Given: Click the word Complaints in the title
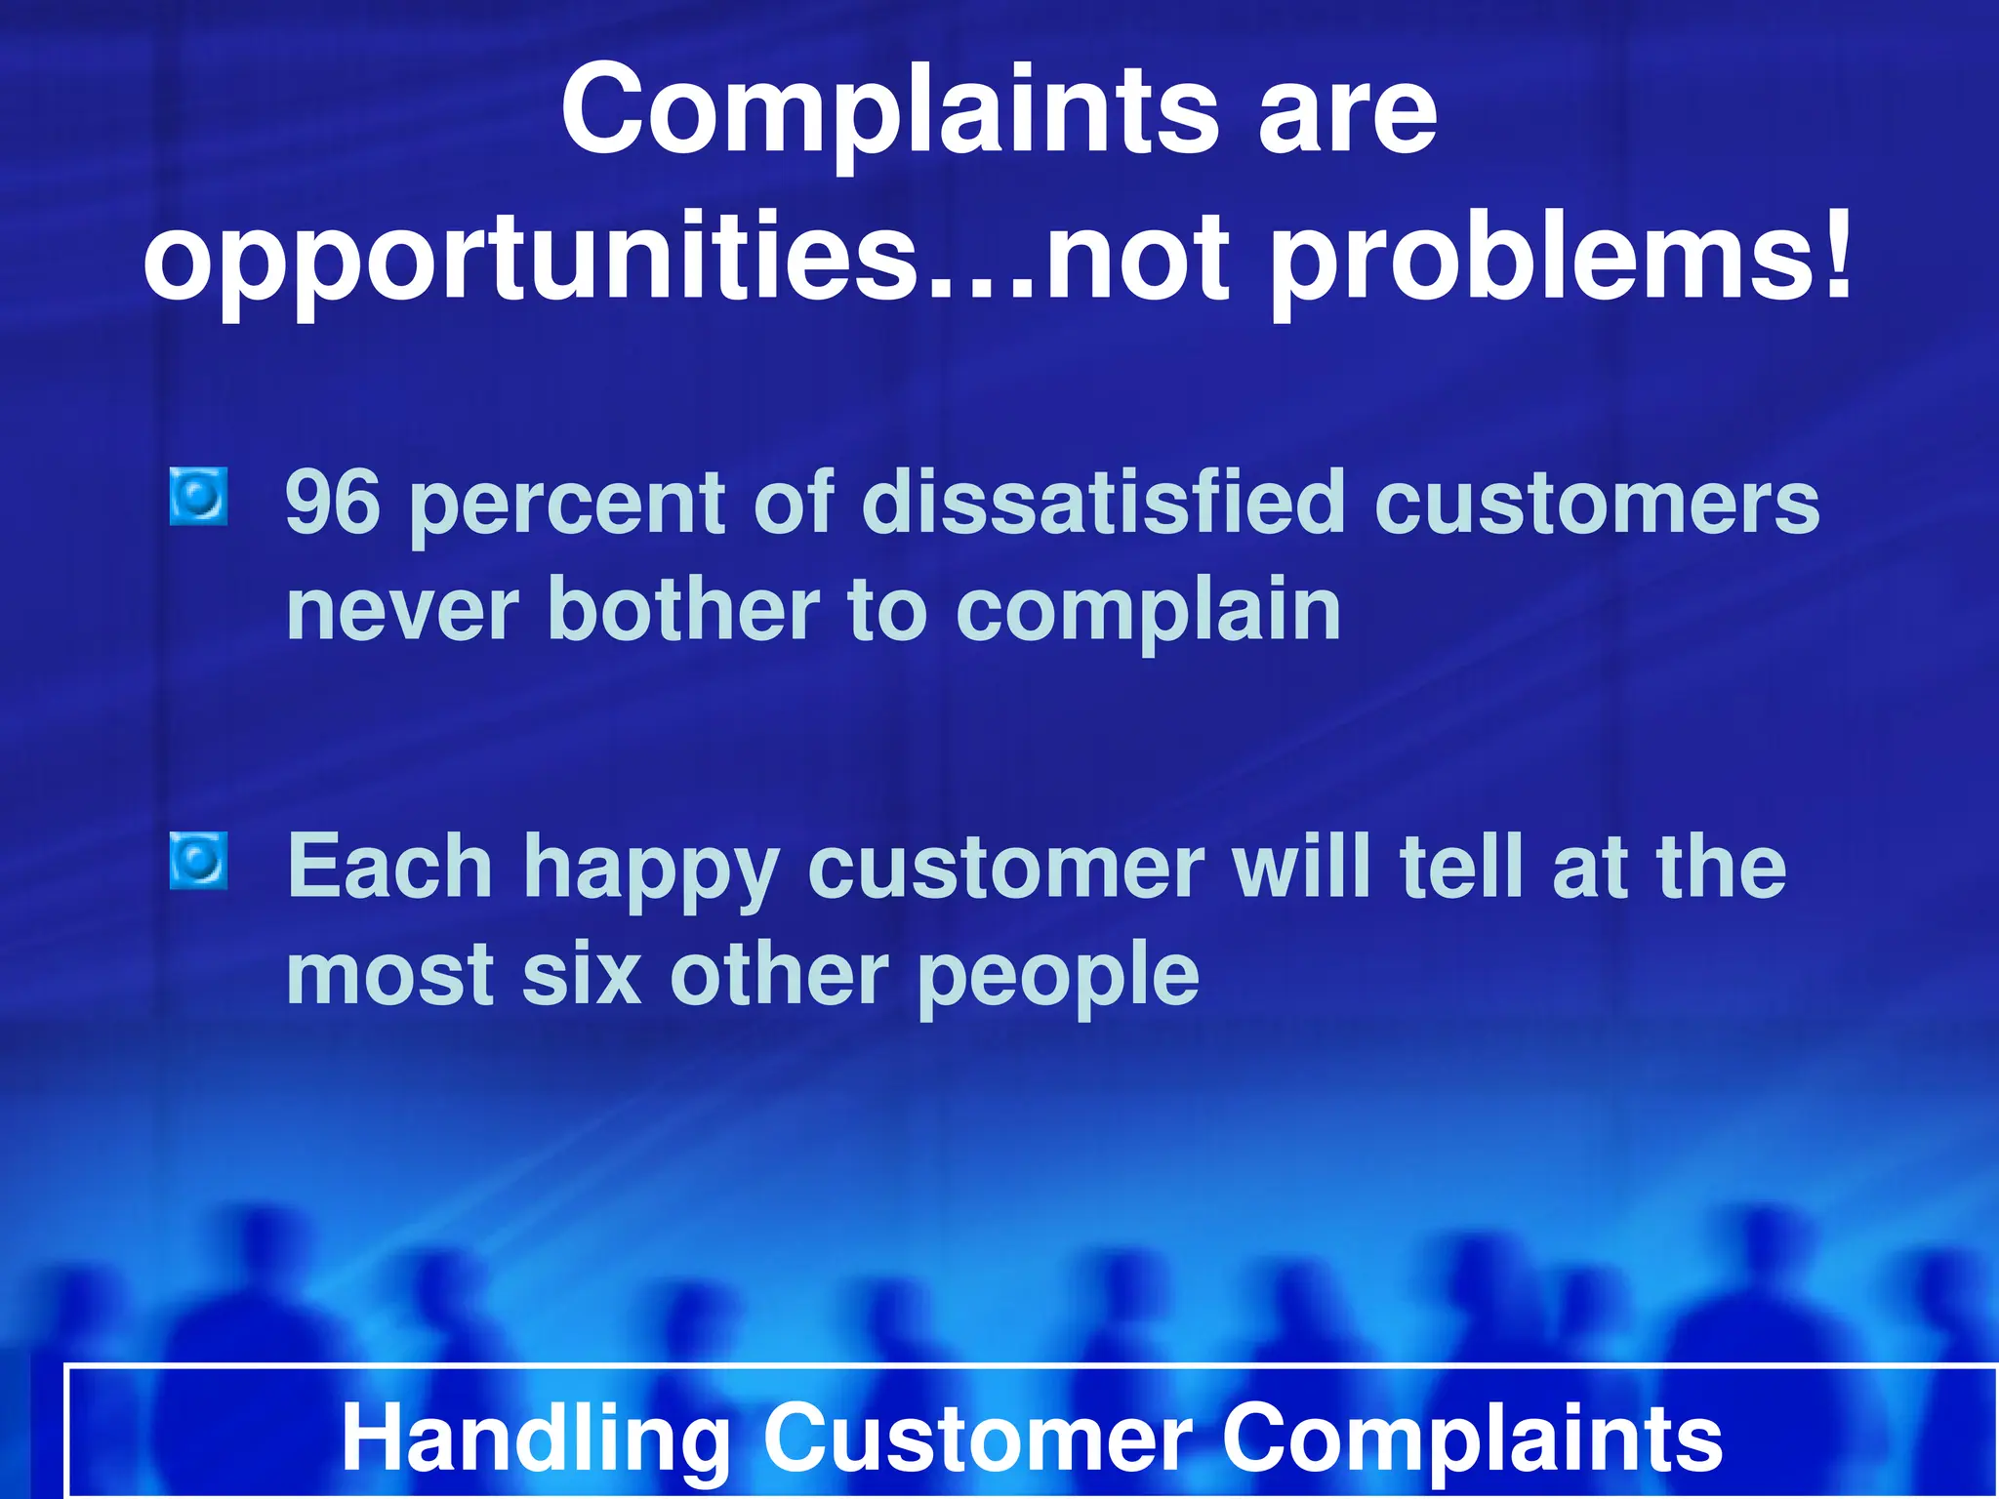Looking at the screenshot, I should [x=889, y=109].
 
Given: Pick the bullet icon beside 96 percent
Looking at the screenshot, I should [x=198, y=496].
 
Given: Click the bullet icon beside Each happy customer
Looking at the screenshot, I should [x=198, y=861].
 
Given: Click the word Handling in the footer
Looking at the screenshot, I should [x=536, y=1438].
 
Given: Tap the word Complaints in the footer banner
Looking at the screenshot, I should [x=1473, y=1438].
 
